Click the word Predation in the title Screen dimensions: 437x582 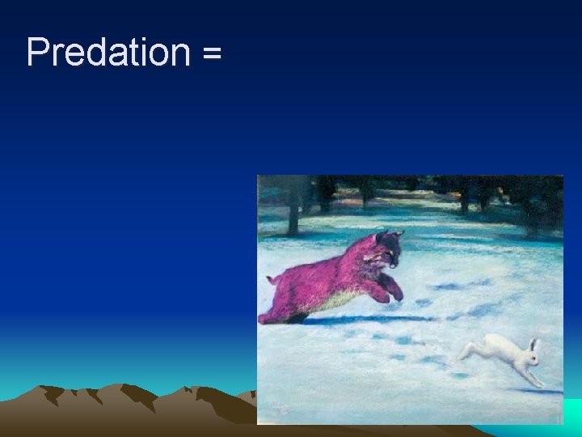coord(108,53)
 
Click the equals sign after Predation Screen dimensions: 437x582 coord(211,55)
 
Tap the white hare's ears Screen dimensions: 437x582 coord(533,344)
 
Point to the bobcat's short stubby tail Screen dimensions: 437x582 coord(273,279)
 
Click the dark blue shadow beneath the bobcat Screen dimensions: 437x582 coord(364,320)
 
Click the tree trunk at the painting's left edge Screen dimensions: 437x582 coord(292,210)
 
